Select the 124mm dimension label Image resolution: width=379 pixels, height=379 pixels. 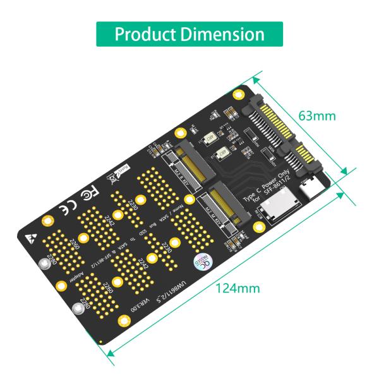[238, 288]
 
